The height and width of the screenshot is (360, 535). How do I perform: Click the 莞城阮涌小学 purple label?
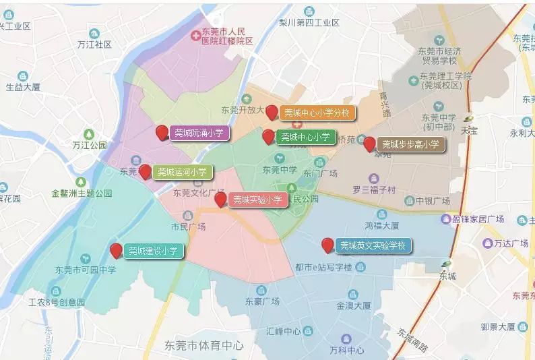(199, 133)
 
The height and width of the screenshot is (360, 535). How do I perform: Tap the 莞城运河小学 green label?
(182, 172)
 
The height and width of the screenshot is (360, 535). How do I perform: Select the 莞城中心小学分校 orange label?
(317, 113)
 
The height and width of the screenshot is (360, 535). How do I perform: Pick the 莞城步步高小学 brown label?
(410, 144)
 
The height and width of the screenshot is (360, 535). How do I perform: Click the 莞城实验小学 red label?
(257, 200)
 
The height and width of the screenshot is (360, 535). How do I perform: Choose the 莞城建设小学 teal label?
(154, 251)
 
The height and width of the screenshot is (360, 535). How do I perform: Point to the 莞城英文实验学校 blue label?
(373, 245)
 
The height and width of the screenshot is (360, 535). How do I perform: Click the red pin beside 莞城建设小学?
(116, 251)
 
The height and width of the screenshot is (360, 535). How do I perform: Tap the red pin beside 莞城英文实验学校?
(328, 245)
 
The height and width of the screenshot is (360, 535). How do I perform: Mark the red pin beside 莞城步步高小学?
(369, 144)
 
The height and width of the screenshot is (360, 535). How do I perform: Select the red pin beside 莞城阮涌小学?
(162, 132)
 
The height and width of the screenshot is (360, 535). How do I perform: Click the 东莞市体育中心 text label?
(204, 346)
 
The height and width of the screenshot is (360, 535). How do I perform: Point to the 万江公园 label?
(89, 145)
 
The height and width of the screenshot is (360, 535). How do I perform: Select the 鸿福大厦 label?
(381, 226)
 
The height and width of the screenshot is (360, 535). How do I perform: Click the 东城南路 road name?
(412, 341)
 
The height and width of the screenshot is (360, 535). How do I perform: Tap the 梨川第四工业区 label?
(309, 22)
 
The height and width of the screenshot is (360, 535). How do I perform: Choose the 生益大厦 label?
(24, 87)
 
